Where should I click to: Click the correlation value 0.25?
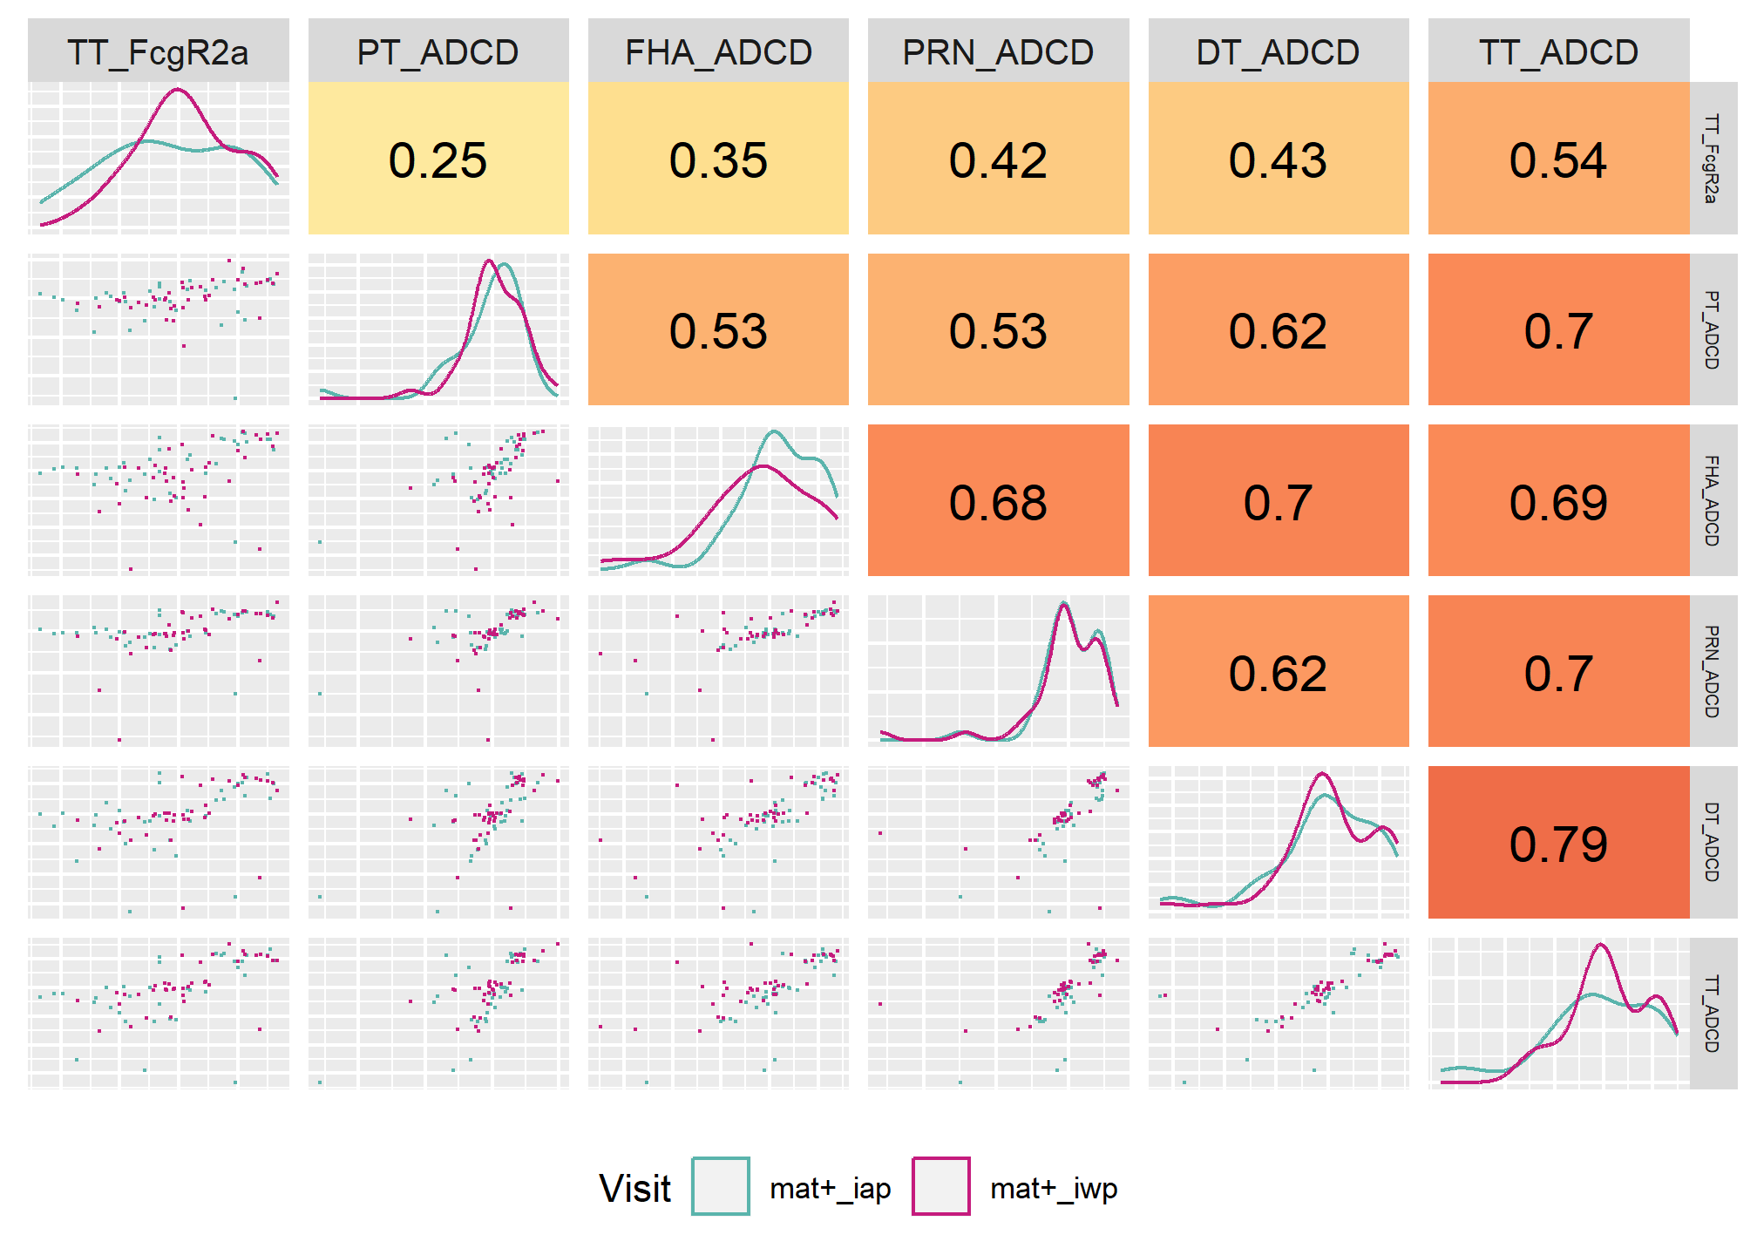point(438,160)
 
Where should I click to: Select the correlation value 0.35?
point(718,160)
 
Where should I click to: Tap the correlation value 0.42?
point(998,160)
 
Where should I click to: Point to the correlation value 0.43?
point(1278,160)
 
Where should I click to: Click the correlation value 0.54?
point(1558,160)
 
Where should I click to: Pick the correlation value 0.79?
point(1558,845)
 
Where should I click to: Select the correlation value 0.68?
point(998,503)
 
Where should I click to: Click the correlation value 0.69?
point(1558,503)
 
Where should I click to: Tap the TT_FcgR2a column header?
point(158,53)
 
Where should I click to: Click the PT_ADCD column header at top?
point(438,53)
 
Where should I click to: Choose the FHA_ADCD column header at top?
point(718,53)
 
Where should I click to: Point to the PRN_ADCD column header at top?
point(998,53)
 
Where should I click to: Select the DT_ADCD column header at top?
point(1278,53)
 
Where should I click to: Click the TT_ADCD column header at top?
point(1558,53)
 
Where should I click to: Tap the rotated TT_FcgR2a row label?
point(1712,159)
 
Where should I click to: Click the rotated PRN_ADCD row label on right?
point(1712,671)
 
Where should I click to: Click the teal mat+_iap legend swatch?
point(721,1186)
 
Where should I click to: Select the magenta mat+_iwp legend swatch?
point(941,1186)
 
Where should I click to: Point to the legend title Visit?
point(634,1188)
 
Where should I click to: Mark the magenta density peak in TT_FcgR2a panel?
point(178,90)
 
